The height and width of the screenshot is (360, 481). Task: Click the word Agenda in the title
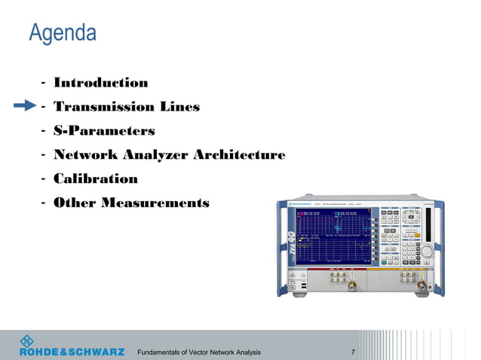point(63,33)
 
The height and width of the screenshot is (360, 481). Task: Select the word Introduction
point(100,83)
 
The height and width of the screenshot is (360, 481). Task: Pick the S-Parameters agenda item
point(103,131)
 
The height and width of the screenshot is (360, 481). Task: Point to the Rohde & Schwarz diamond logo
point(27,340)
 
